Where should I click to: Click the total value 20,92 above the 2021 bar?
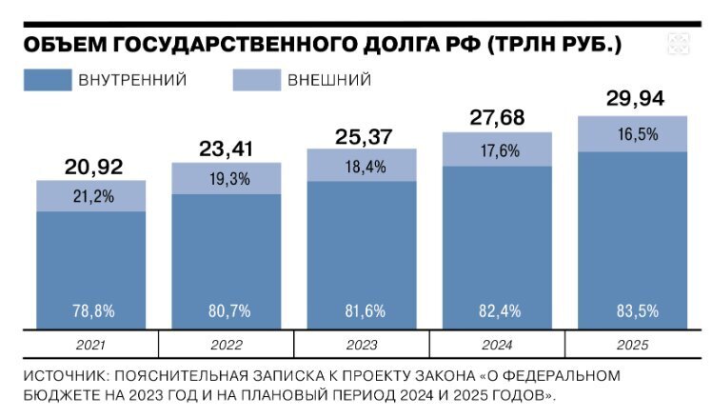(90, 168)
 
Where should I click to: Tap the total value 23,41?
(226, 149)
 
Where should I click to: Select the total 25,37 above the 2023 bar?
(362, 136)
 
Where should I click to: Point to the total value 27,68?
(498, 118)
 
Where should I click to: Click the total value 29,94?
(633, 99)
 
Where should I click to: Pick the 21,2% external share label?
(90, 196)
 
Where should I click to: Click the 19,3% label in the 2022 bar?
(226, 178)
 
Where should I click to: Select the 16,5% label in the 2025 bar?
(633, 133)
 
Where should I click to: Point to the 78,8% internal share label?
(90, 309)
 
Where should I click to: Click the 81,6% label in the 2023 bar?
(362, 309)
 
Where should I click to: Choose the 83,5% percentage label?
(633, 309)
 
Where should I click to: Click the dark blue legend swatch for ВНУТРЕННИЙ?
(49, 80)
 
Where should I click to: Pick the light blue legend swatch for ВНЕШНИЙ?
(256, 80)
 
